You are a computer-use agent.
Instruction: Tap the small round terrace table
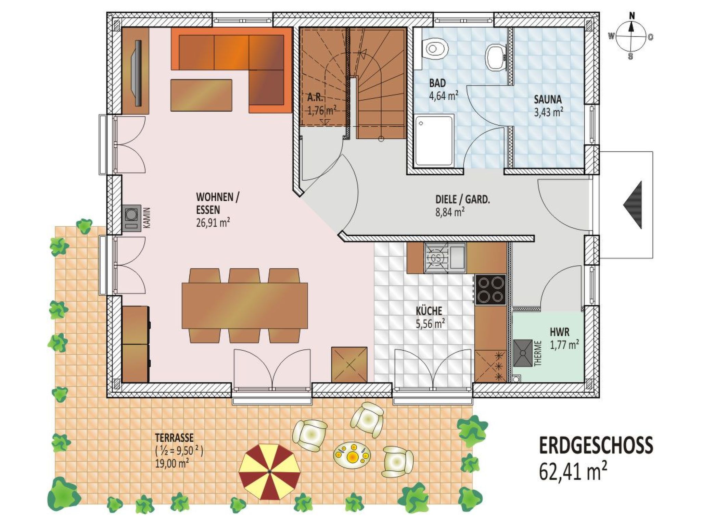(x=352, y=455)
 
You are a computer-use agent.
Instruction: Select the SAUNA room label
(x=548, y=99)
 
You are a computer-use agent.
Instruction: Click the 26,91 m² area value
(x=213, y=223)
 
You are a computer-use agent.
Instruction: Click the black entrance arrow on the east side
(x=632, y=205)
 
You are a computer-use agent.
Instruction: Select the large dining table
(x=245, y=305)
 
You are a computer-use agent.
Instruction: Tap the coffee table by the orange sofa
(x=201, y=95)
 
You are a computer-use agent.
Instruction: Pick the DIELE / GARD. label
(x=462, y=199)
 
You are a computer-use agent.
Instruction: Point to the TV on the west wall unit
(x=138, y=73)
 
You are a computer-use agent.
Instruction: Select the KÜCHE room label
(x=429, y=311)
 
